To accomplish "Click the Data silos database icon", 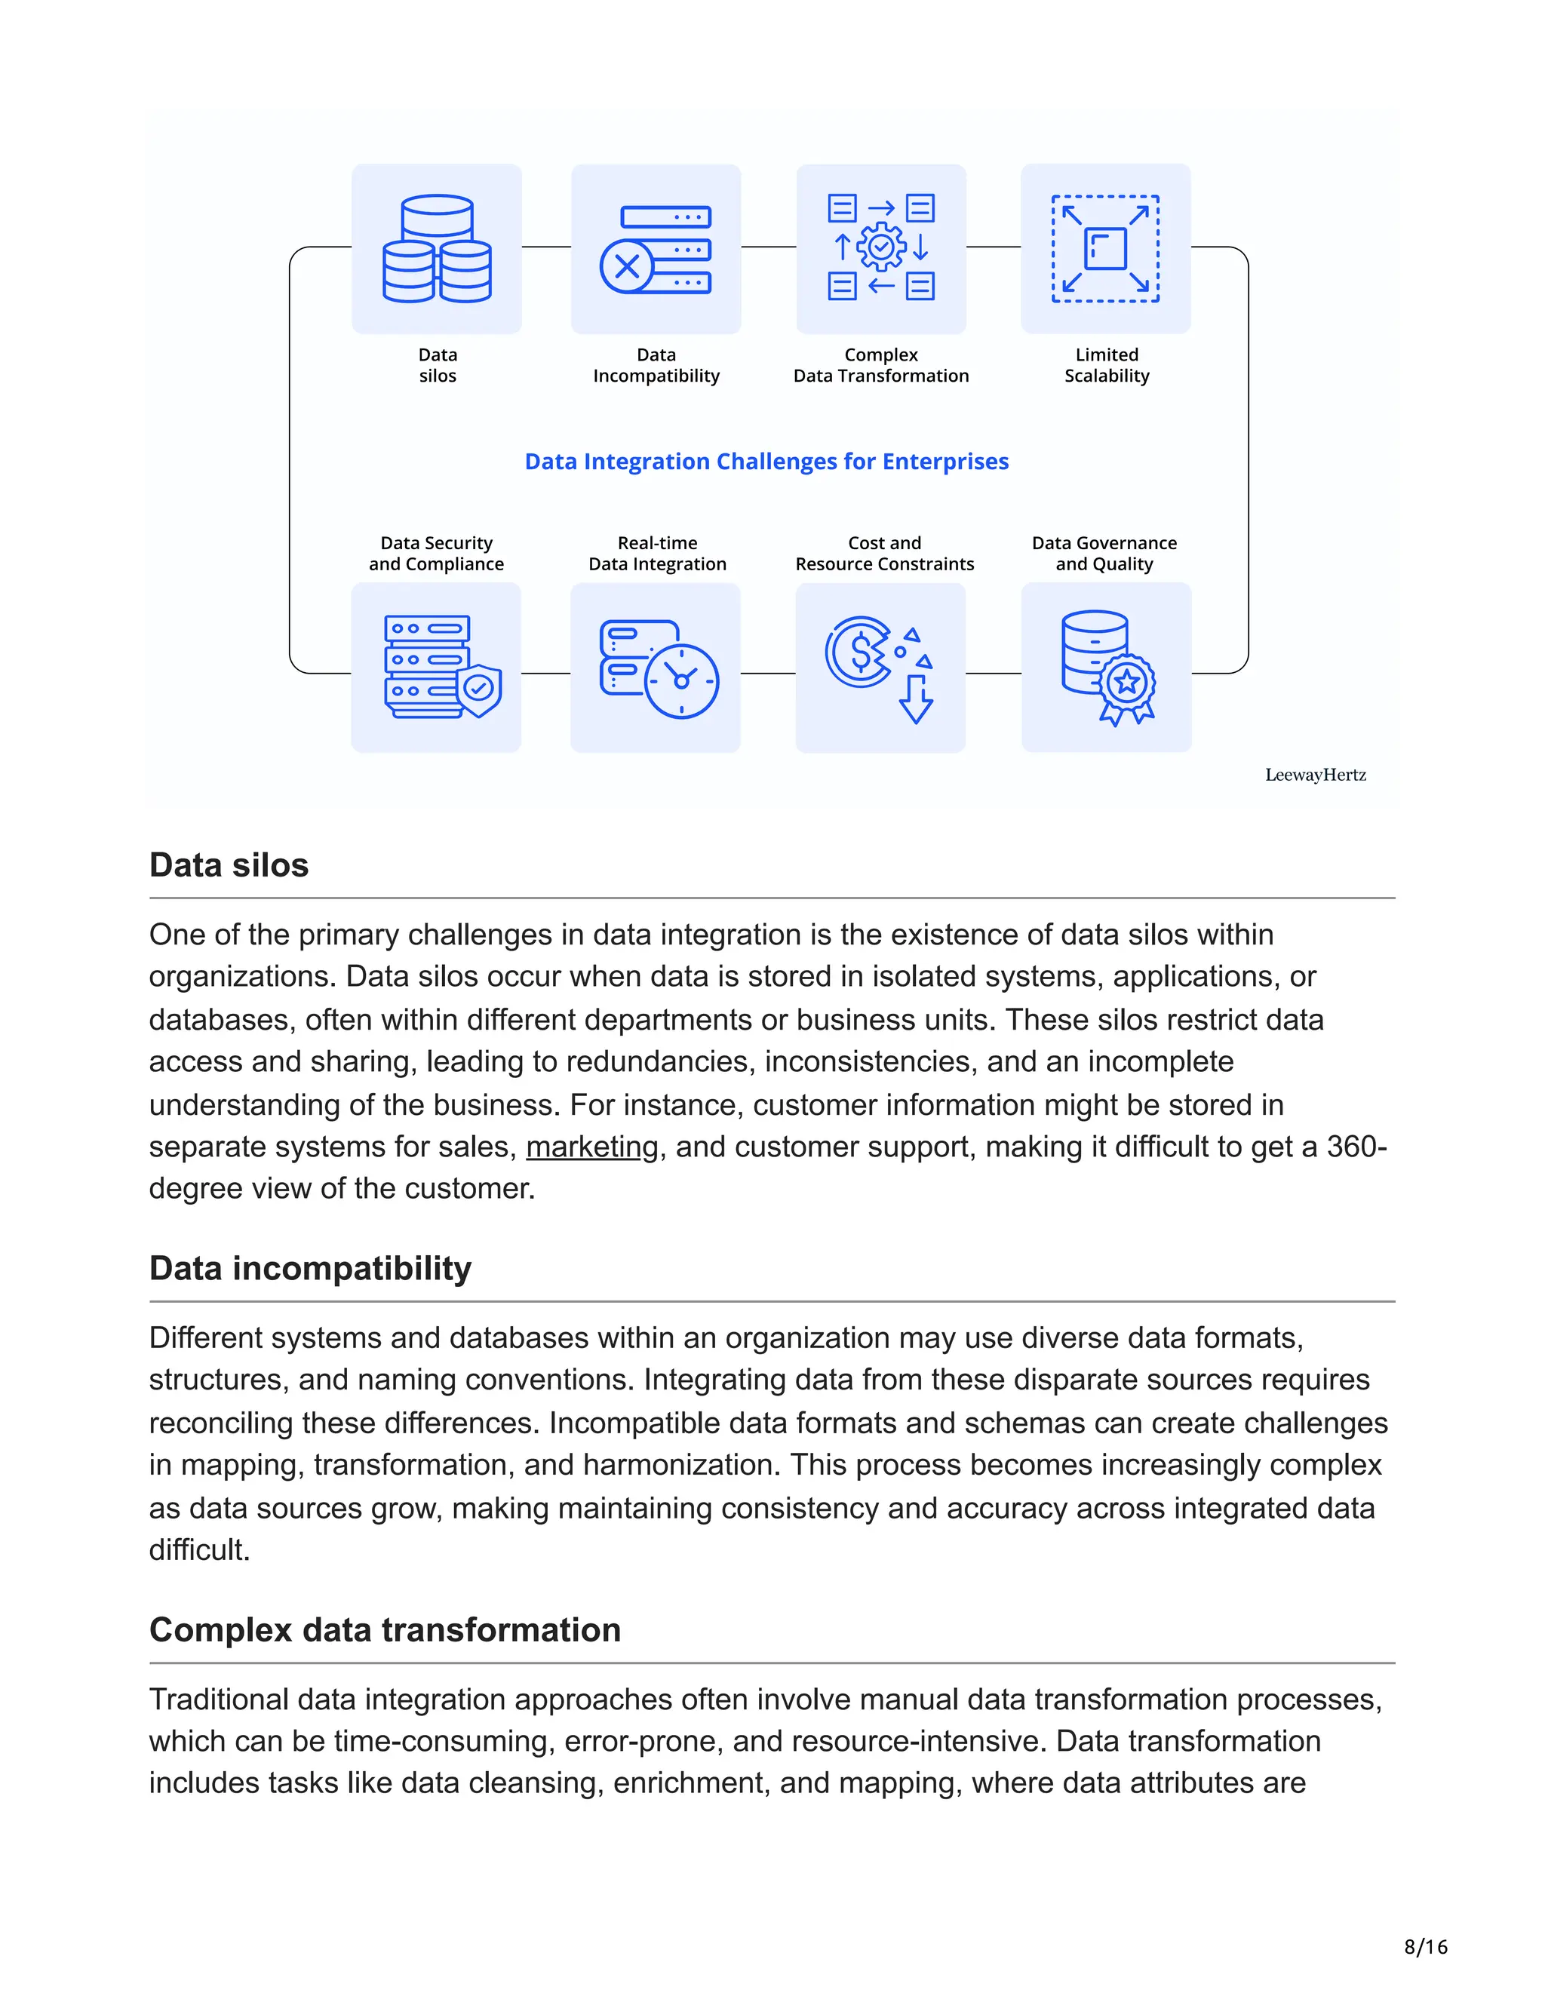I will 437,248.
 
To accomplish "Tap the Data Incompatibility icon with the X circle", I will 627,266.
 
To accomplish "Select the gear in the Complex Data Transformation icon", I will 880,246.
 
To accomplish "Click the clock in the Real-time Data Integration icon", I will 681,681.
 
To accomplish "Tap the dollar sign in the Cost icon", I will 860,653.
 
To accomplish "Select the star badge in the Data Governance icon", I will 1127,682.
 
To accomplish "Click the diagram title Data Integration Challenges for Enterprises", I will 766,462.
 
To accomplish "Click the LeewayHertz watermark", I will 1314,775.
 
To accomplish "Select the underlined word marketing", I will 591,1147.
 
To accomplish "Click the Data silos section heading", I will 229,865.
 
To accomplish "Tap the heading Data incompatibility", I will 310,1269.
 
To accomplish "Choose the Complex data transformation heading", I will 385,1630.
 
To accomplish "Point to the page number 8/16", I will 1425,1947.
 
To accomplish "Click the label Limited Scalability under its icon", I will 1106,365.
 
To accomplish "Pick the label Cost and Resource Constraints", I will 884,554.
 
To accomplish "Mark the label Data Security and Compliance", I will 436,554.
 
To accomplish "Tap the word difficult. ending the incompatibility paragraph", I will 199,1549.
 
